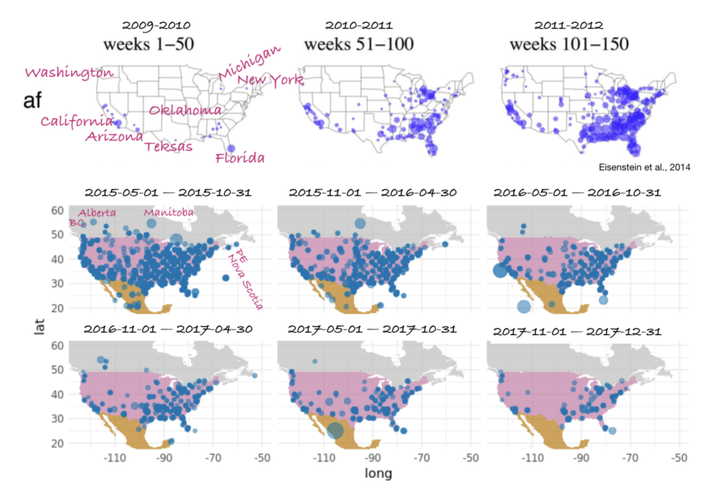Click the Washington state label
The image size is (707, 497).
point(69,73)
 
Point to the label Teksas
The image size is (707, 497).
point(168,146)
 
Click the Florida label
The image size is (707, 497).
point(240,159)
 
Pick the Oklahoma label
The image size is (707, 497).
point(185,110)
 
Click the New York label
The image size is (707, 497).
point(270,81)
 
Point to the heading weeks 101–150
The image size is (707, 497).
point(570,45)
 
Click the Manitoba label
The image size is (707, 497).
point(168,213)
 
